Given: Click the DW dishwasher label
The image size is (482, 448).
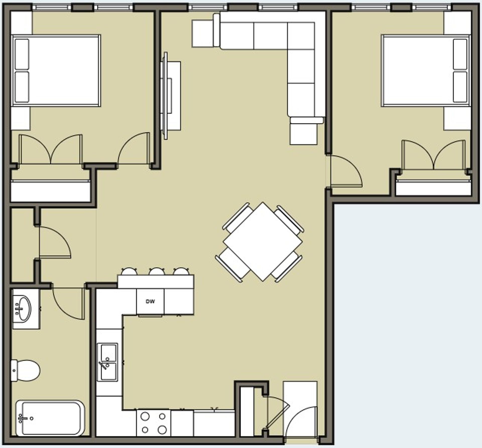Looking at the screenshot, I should pyautogui.click(x=150, y=302).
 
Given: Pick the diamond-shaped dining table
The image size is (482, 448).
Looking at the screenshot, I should pyautogui.click(x=263, y=242).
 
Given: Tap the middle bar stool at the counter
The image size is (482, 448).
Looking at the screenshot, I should pyautogui.click(x=156, y=272).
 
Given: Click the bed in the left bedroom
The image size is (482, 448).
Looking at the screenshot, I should pyautogui.click(x=56, y=70).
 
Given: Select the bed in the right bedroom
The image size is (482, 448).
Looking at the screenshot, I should pyautogui.click(x=425, y=70).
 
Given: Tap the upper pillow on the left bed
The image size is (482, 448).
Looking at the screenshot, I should pyautogui.click(x=22, y=54).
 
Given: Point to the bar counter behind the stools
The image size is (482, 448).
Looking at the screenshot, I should pyautogui.click(x=156, y=282).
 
